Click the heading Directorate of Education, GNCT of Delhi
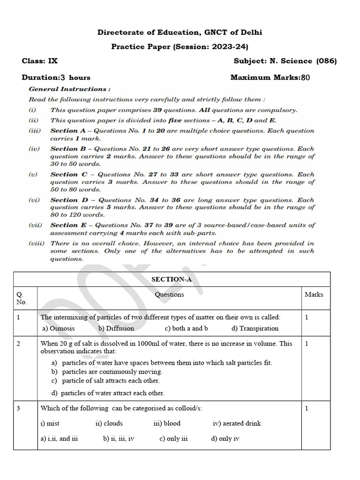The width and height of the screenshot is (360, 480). tap(180, 32)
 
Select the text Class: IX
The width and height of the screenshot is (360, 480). tap(40, 61)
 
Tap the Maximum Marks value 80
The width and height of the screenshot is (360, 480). tap(305, 78)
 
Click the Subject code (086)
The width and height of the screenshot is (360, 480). tap(326, 61)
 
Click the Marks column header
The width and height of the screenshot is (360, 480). tap(314, 294)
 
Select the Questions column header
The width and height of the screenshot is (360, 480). tap(169, 294)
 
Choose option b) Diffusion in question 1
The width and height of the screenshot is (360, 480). tap(116, 329)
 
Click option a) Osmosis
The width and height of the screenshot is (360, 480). tap(59, 329)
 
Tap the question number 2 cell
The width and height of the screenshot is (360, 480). tap(18, 344)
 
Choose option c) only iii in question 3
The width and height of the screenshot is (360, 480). tap(173, 439)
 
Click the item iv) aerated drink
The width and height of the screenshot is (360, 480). tap(237, 423)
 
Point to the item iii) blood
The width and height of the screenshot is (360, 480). tap(167, 423)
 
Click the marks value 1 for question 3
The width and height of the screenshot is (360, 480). tap(307, 408)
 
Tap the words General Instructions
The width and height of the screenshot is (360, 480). tap(69, 89)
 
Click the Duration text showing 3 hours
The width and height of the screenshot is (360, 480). tap(56, 78)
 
